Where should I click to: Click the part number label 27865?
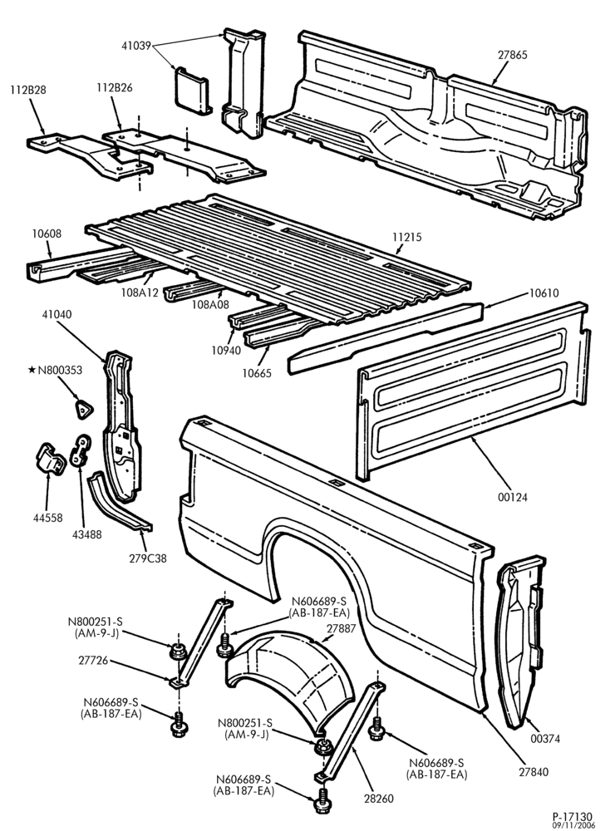click(513, 55)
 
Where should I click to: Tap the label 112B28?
click(27, 90)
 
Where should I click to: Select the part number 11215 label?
click(407, 237)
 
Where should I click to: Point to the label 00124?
click(513, 497)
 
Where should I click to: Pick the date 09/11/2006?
click(575, 825)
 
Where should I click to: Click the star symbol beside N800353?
click(32, 370)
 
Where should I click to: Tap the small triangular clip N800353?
click(83, 409)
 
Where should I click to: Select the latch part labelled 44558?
click(50, 459)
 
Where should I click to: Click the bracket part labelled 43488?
click(81, 450)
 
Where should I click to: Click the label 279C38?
click(148, 558)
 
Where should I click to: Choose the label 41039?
click(136, 46)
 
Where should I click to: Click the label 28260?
click(378, 798)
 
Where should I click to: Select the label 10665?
click(257, 373)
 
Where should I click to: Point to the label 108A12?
click(140, 292)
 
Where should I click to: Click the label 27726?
click(93, 661)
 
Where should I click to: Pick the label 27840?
click(534, 772)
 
